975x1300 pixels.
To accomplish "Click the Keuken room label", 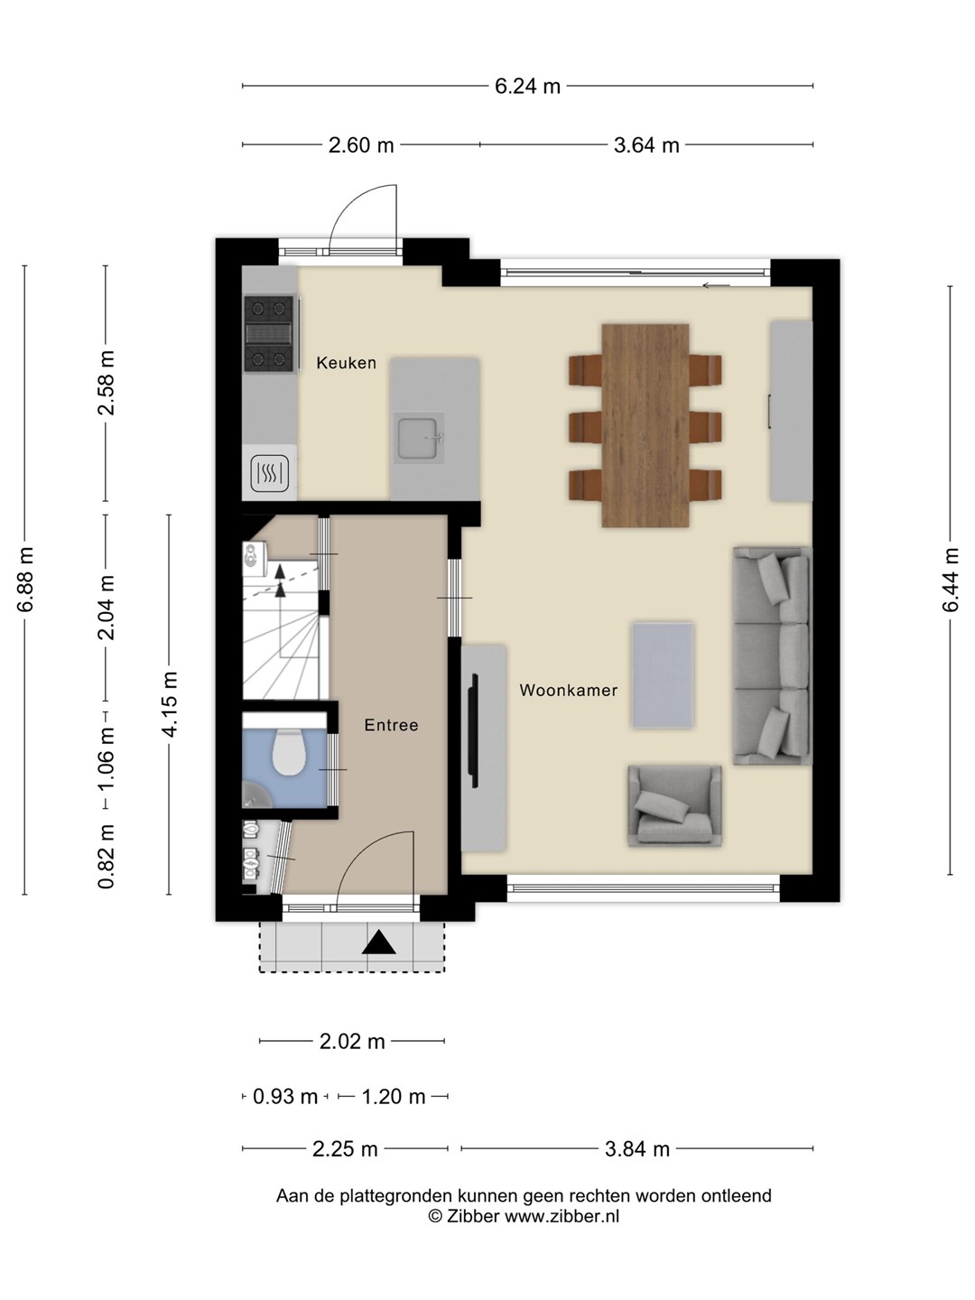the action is (346, 362).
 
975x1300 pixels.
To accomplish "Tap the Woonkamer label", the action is (569, 690).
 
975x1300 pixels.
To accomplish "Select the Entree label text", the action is (391, 725).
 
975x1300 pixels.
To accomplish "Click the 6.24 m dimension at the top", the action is (527, 87).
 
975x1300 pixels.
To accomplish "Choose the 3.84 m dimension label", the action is (637, 1149).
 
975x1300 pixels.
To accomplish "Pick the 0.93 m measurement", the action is (285, 1097).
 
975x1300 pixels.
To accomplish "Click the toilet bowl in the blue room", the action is (288, 753).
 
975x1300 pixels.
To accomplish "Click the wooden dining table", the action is (645, 425).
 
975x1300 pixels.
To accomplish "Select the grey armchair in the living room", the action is (675, 805).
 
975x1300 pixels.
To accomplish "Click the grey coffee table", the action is (663, 674).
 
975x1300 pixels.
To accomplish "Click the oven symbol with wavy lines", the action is (270, 473).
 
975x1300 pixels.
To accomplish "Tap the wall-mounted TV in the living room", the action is (473, 731).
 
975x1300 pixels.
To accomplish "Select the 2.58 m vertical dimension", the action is (107, 383).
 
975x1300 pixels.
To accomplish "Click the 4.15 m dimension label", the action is (170, 704).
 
